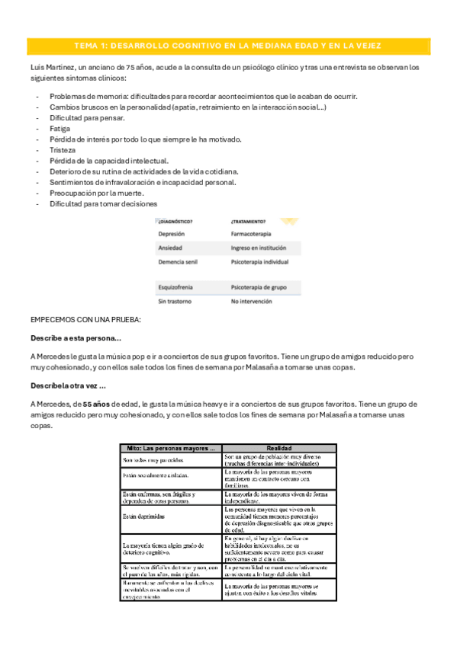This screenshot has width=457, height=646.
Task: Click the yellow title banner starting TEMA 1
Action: point(228,46)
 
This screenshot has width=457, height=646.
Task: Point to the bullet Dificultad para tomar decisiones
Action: point(103,203)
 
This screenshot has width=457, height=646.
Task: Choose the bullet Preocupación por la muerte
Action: point(96,193)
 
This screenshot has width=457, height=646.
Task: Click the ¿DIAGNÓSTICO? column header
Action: point(175,222)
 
